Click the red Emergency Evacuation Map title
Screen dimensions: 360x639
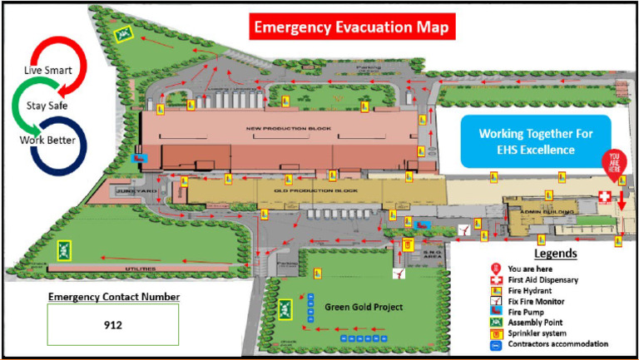coord(351,27)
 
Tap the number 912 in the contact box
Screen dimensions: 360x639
coord(113,325)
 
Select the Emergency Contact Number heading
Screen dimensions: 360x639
coord(113,297)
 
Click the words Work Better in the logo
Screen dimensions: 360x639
coord(47,140)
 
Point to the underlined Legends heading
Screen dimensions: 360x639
coord(555,254)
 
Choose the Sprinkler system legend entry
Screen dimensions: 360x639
coord(542,333)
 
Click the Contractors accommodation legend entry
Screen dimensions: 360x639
coord(559,343)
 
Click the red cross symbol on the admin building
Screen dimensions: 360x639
coord(605,195)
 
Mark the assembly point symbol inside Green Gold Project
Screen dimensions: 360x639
coord(286,309)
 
